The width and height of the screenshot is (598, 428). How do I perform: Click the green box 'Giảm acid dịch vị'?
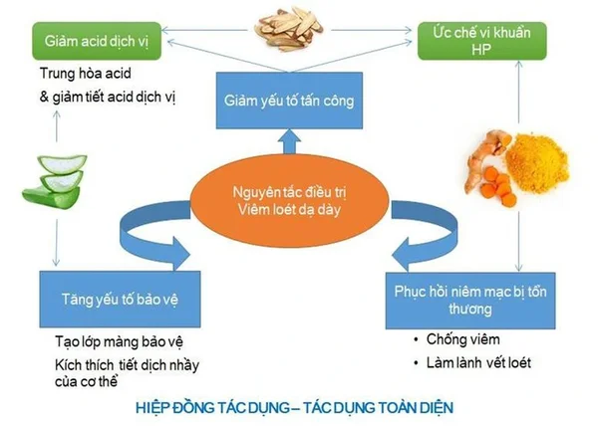point(99,42)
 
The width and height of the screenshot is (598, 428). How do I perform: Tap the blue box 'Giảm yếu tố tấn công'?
point(287,100)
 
